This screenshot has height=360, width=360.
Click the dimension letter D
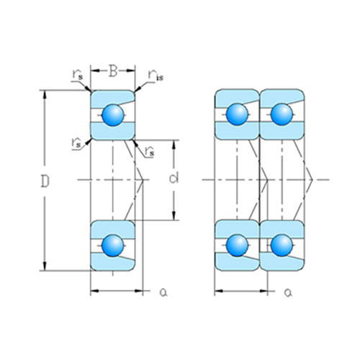coord(45,184)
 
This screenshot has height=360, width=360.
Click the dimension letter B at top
coord(113,71)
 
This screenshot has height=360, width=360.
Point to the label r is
coord(156,75)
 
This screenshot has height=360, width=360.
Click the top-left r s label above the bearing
coord(77,74)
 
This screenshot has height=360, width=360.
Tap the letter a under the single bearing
coord(163,292)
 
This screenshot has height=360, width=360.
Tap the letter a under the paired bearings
coord(287,292)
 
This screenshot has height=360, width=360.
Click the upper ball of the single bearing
coord(112,114)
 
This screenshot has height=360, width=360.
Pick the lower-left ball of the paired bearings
coord(238,246)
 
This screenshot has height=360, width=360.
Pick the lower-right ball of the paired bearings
coord(281,246)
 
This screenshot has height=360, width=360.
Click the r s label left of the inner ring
coord(76,143)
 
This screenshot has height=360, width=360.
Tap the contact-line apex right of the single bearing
coord(148,179)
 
